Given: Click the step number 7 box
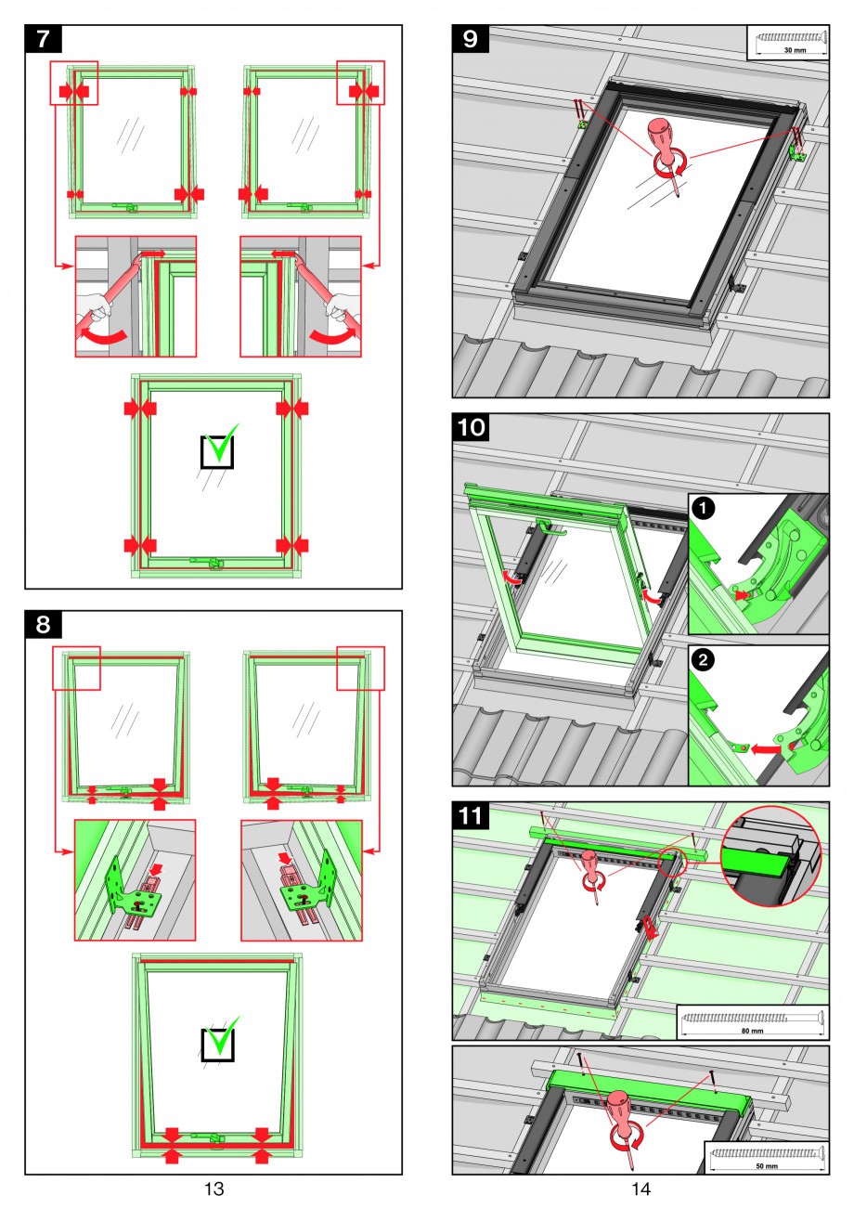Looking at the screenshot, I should tap(43, 41).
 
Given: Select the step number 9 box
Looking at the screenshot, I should tap(471, 41).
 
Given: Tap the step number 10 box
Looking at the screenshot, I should tap(472, 429).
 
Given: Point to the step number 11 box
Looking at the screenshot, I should tap(472, 817).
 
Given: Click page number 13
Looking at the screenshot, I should tap(213, 1189).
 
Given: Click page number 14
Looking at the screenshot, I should tap(640, 1189).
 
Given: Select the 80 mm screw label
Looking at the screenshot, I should tap(752, 1031).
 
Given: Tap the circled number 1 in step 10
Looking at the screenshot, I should tap(704, 509).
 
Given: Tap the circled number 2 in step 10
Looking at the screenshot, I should tap(704, 660).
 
